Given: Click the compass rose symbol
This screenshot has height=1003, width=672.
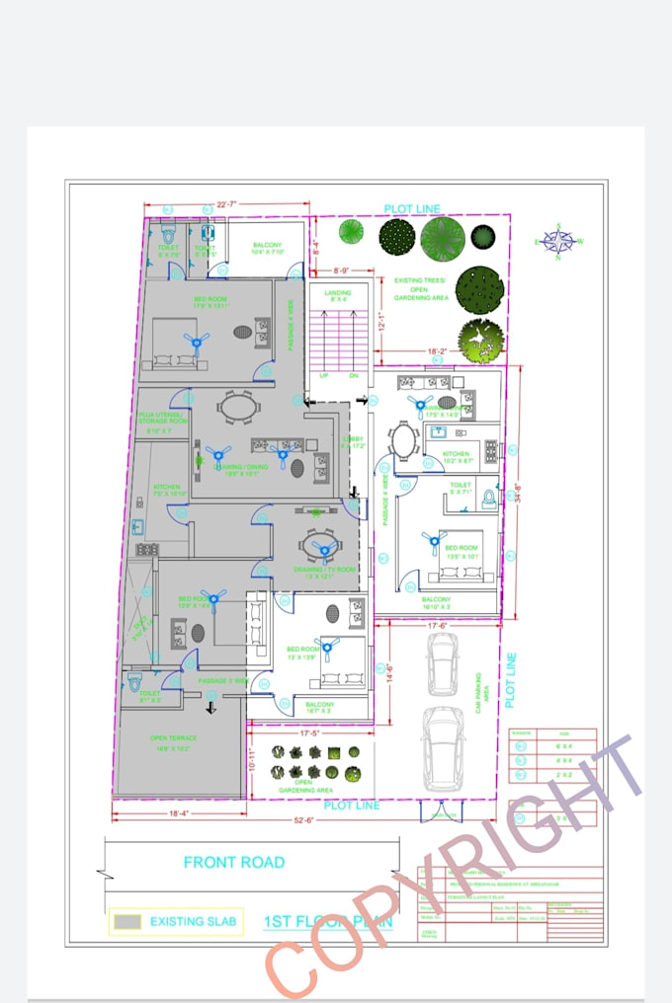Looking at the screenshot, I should click(x=558, y=241).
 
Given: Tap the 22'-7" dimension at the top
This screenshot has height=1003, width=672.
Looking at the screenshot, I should click(x=226, y=204).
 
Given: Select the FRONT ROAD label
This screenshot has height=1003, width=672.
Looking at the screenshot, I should click(x=234, y=862).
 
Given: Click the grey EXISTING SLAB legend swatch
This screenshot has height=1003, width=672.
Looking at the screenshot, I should click(x=127, y=922).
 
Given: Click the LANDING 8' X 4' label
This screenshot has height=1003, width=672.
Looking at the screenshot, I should click(x=339, y=295).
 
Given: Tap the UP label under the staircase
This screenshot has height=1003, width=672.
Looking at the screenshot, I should click(x=323, y=376).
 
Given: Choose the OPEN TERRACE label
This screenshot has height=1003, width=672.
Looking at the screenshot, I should click(x=174, y=742).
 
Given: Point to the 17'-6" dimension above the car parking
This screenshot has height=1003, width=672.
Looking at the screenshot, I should click(x=439, y=625).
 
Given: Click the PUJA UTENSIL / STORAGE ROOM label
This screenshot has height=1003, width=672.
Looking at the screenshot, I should click(x=162, y=422).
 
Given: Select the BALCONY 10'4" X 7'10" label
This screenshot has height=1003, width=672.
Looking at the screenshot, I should click(x=268, y=248).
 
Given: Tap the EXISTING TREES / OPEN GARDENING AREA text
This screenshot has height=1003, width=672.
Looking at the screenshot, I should click(x=422, y=289).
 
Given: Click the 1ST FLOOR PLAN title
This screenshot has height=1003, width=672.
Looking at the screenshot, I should click(x=327, y=922).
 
